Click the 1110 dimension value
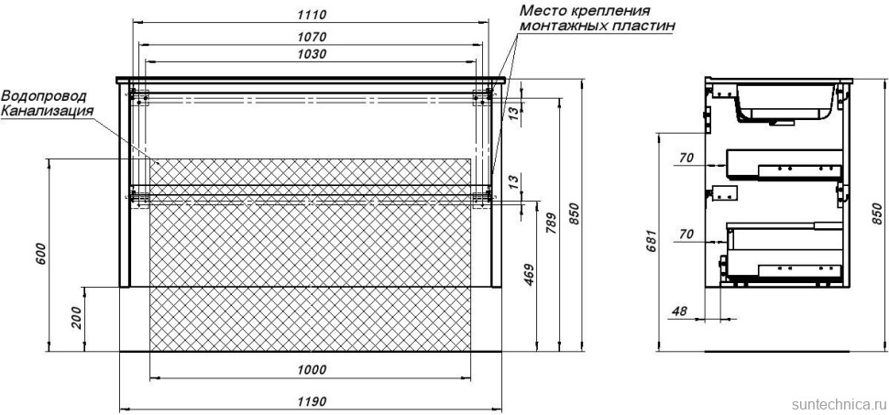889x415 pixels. click(311, 14)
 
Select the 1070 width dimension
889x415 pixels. click(311, 38)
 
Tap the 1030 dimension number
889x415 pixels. click(311, 54)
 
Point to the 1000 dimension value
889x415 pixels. click(312, 370)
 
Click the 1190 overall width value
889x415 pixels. click(312, 402)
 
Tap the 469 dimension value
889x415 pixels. click(529, 274)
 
